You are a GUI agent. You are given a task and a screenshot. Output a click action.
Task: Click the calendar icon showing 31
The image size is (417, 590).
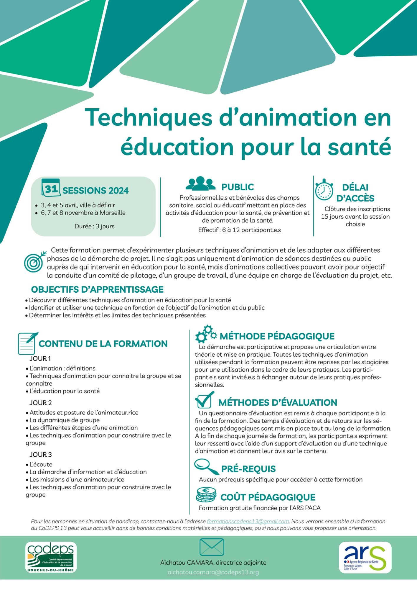pyautogui.click(x=51, y=188)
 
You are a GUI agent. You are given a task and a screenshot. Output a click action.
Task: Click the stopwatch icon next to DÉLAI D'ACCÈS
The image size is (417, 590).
pyautogui.click(x=324, y=190)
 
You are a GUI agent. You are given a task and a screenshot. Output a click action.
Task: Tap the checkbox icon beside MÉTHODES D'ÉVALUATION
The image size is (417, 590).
pyautogui.click(x=204, y=400)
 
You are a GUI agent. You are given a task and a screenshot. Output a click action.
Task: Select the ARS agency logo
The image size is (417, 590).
pyautogui.click(x=365, y=558)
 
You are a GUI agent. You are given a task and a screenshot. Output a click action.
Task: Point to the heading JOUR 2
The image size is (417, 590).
pyautogui.click(x=41, y=403)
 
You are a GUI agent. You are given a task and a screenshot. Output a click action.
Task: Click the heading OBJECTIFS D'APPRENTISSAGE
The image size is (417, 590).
pyautogui.click(x=97, y=289)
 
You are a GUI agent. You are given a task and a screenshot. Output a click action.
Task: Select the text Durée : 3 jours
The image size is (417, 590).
pyautogui.click(x=94, y=226)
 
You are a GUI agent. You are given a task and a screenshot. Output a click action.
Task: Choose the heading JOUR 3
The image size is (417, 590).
pyautogui.click(x=41, y=455)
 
